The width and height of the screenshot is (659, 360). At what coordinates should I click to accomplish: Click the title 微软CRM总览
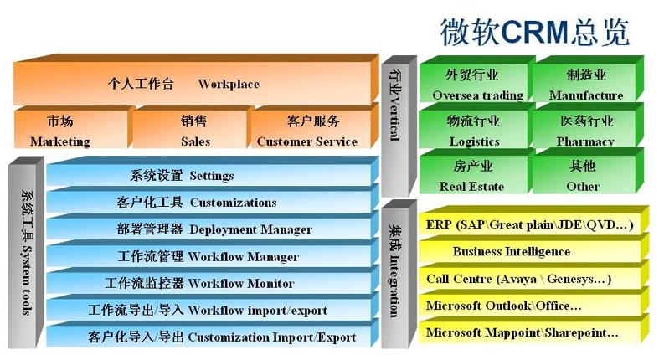534,32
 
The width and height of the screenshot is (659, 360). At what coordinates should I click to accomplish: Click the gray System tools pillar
26,253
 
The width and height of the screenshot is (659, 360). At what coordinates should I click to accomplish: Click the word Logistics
475,142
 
